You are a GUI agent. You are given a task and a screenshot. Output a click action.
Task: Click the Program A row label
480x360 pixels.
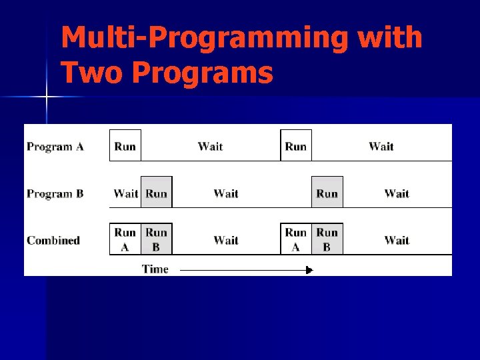pos(55,147)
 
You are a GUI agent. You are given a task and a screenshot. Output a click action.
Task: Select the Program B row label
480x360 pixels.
pos(55,194)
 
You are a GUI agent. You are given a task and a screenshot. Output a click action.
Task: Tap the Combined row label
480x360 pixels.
pos(53,240)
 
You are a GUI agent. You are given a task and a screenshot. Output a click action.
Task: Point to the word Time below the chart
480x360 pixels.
pos(155,269)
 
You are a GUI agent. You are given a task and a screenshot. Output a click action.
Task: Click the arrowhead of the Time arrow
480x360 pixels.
pos(309,270)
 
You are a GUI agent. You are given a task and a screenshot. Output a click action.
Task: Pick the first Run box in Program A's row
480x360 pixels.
pos(125,146)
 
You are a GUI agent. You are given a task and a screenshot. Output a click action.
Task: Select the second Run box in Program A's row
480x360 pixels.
pos(296,146)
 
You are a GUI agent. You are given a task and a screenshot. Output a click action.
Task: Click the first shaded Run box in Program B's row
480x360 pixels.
pos(157,193)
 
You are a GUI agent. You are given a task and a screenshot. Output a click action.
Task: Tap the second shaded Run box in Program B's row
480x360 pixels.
pos(327,193)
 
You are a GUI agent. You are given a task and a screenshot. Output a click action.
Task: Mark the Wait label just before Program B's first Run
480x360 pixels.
pos(125,193)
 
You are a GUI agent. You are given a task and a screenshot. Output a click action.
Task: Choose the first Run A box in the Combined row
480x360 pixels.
pos(125,239)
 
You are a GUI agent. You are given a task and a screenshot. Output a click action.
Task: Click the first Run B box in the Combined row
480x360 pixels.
pos(157,239)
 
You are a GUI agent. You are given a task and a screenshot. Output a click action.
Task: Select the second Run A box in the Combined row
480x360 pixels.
pos(296,239)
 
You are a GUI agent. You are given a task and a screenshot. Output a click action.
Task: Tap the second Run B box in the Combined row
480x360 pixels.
pos(327,239)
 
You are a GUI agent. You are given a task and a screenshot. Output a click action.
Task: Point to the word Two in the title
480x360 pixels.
pos(92,72)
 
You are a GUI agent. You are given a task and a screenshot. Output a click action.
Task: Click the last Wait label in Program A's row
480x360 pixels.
pos(381,146)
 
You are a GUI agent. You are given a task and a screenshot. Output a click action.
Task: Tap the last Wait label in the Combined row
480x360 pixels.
pos(397,240)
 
